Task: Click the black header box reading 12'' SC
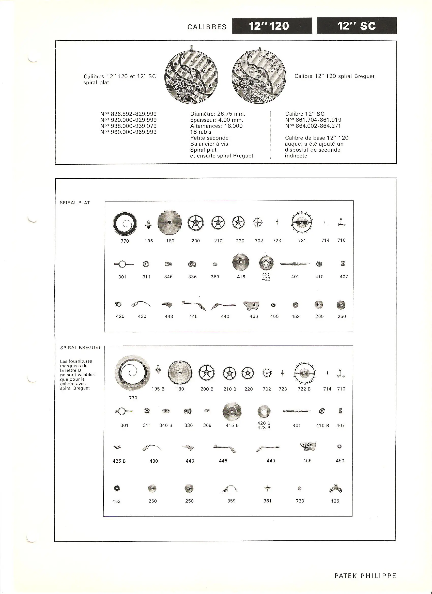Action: click(357, 26)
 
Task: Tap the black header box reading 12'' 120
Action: click(272, 26)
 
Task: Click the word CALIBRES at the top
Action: click(207, 27)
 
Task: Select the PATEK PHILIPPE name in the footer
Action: click(365, 576)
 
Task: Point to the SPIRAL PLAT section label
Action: click(75, 203)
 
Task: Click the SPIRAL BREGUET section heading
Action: click(80, 348)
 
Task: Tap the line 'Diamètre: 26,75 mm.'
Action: click(218, 114)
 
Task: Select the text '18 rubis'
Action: click(201, 132)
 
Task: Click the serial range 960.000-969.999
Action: click(134, 132)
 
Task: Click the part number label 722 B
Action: click(304, 389)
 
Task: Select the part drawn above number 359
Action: click(230, 489)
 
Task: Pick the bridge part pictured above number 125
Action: click(335, 489)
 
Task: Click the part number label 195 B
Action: click(158, 389)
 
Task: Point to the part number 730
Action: click(300, 501)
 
